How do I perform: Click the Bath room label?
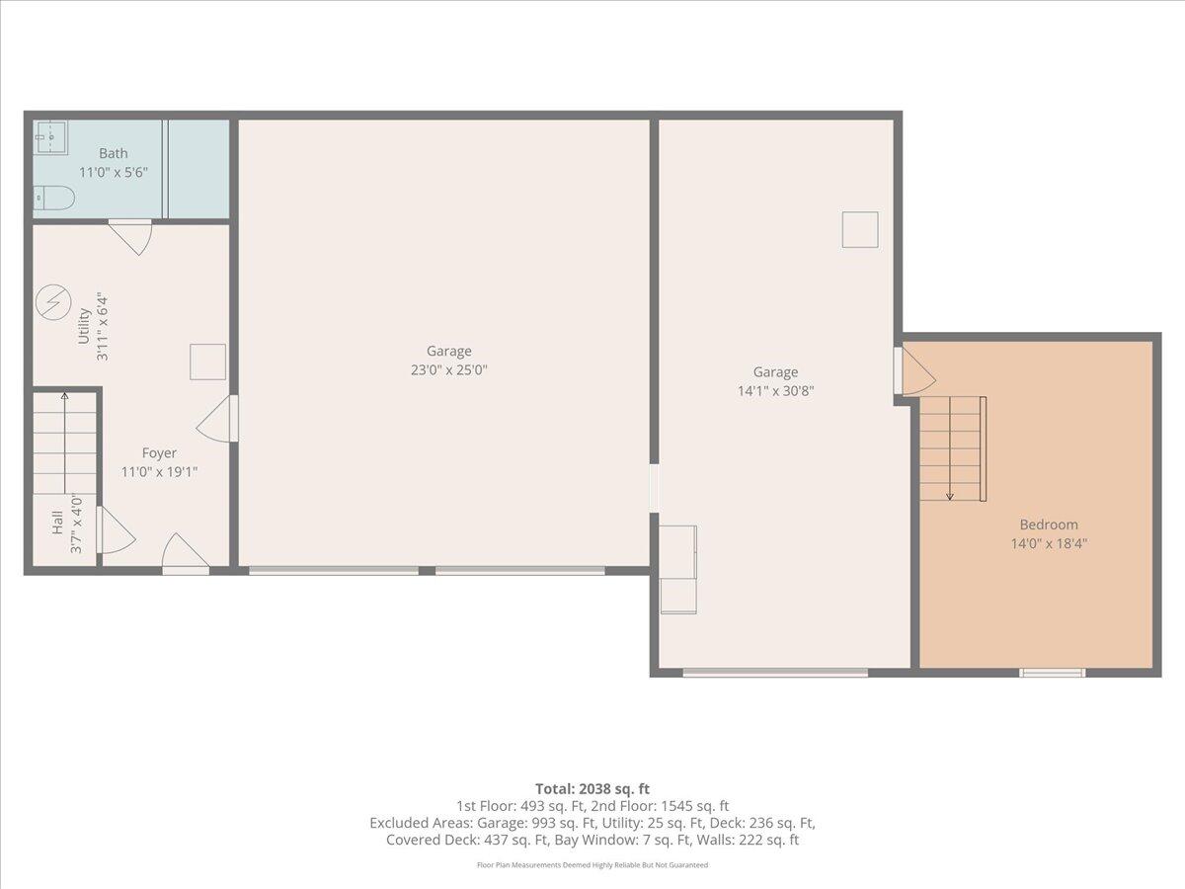tap(113, 153)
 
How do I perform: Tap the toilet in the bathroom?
tap(54, 199)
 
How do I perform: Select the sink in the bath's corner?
tap(50, 136)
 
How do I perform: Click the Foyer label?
tap(159, 453)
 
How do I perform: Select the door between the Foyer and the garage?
tap(219, 419)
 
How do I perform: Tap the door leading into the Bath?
tap(130, 235)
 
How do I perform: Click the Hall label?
tap(57, 524)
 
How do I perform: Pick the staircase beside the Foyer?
tap(65, 444)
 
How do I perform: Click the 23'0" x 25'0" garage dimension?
tap(448, 370)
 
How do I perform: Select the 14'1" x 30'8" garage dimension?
tap(775, 390)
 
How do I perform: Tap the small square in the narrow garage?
tap(859, 229)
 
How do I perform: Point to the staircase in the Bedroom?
tap(953, 448)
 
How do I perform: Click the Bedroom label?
tap(1049, 525)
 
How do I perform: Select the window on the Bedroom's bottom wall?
tap(1052, 673)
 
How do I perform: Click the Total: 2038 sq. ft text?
tap(592, 788)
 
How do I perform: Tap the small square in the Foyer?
tap(207, 362)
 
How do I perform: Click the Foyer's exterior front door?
tap(186, 557)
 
